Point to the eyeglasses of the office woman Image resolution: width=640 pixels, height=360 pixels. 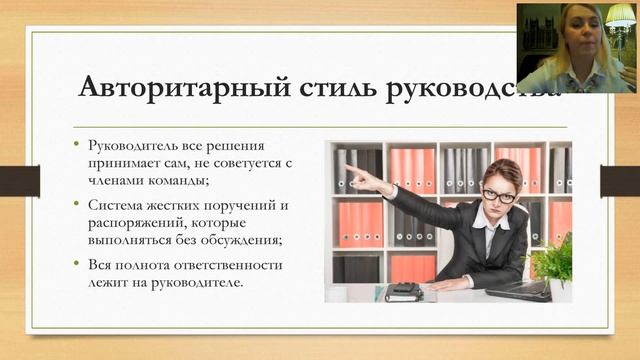497,194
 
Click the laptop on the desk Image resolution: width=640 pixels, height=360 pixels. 518,290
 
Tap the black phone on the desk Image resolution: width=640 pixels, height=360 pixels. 404,290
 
